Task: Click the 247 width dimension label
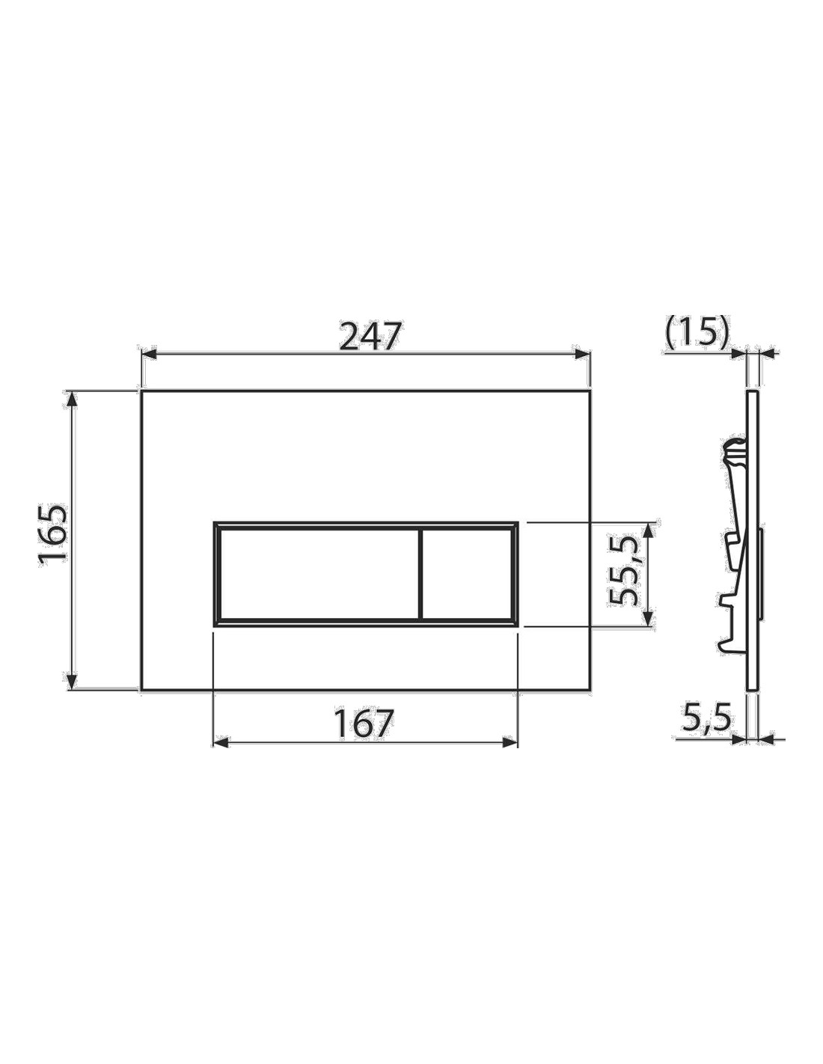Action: coord(370,335)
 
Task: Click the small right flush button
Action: coord(467,574)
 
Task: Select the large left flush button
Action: coord(318,574)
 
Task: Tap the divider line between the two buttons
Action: coord(420,574)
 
